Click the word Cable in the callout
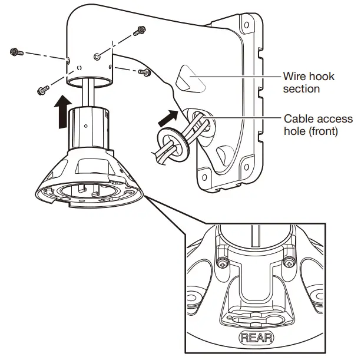pos(297,118)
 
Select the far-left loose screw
pos(16,53)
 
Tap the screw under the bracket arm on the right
pos(144,72)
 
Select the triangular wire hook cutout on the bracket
pos(187,78)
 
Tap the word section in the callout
pos(301,89)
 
